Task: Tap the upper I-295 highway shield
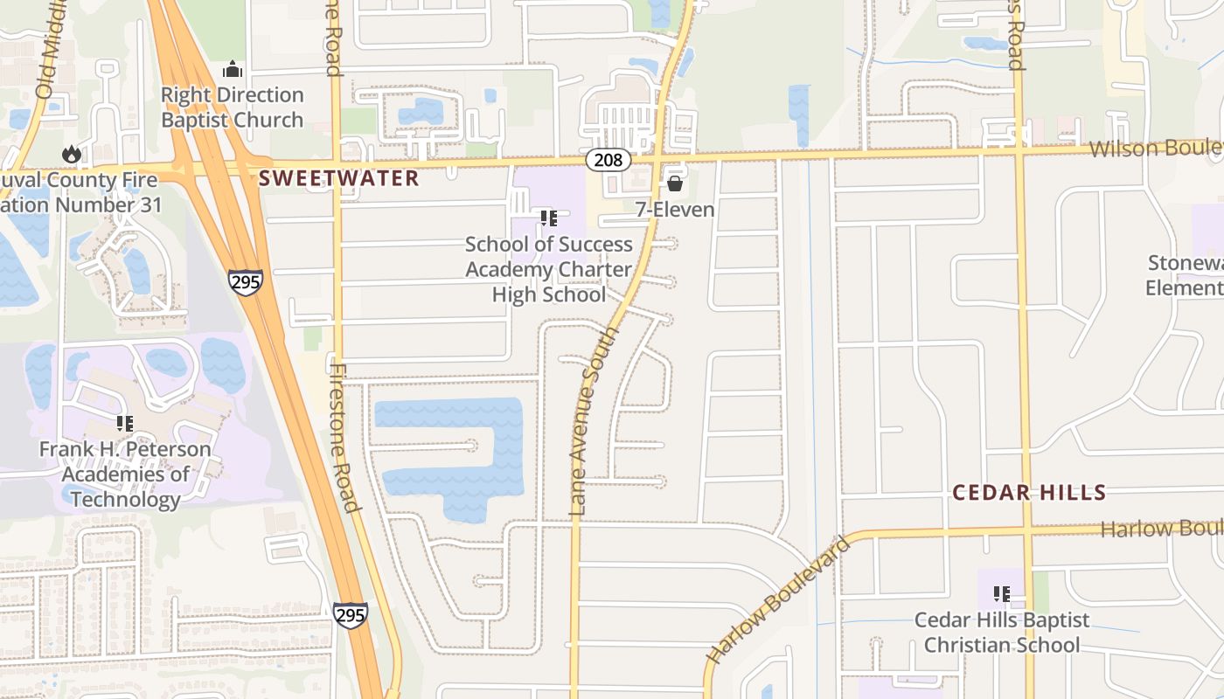[246, 282]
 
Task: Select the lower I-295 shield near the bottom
[350, 614]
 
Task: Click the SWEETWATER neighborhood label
[339, 179]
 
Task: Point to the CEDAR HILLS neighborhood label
[1029, 493]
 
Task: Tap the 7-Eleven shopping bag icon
[675, 183]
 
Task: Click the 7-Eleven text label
[675, 210]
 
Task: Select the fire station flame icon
[72, 155]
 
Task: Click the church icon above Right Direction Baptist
[233, 69]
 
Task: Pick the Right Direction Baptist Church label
[233, 107]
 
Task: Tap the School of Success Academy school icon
[549, 218]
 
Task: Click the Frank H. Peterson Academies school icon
[125, 424]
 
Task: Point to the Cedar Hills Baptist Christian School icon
[1002, 594]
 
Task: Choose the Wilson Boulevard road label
[1154, 148]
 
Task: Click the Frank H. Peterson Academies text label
[125, 474]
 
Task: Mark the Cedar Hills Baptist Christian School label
[1002, 633]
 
